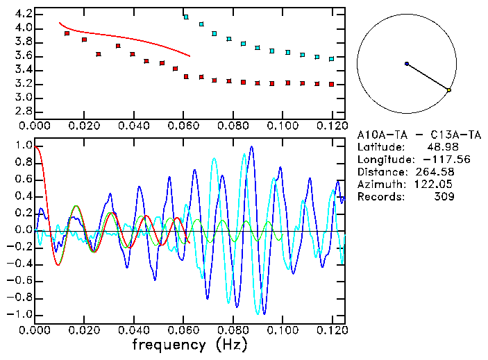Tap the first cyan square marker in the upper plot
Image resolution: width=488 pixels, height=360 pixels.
click(x=186, y=16)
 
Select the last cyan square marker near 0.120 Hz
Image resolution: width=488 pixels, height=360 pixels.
click(x=332, y=59)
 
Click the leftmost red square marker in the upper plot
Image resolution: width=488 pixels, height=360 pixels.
click(x=67, y=33)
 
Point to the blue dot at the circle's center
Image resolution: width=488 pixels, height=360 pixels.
click(x=407, y=64)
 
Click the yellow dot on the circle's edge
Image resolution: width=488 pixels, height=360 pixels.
click(x=449, y=90)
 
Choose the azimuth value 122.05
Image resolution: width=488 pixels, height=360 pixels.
click(x=437, y=185)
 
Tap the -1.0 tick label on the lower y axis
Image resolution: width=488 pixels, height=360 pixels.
click(x=20, y=314)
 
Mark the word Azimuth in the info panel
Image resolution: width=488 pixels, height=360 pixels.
click(x=379, y=185)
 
